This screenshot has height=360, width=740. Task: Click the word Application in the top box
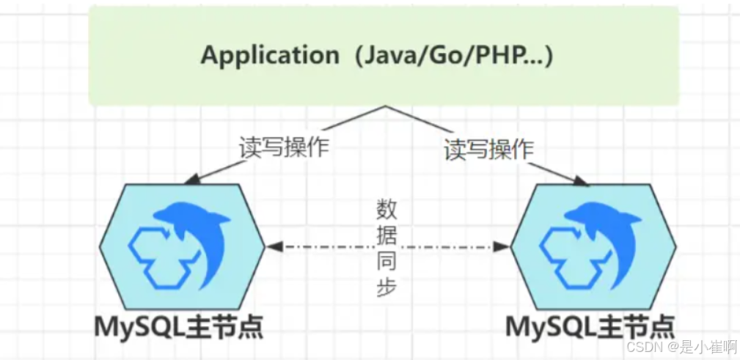269,56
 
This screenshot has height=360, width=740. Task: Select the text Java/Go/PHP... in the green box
450,56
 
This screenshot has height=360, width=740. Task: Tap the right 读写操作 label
488,150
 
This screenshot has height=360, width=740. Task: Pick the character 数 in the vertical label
387,210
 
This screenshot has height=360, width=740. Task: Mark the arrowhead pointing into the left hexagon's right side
272,248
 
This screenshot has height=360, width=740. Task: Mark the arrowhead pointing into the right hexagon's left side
503,248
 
